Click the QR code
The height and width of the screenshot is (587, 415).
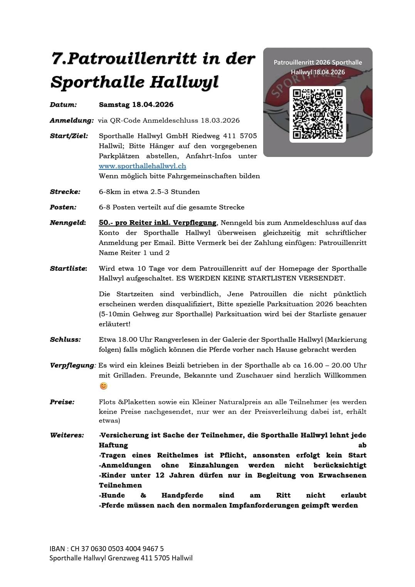(x=318, y=114)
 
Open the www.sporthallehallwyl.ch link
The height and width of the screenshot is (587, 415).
(x=142, y=166)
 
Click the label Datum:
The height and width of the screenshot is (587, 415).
(x=63, y=105)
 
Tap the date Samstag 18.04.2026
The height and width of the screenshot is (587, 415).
(x=136, y=105)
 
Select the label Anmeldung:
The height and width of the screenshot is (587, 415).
(x=71, y=120)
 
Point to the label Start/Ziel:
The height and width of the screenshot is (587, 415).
(x=69, y=136)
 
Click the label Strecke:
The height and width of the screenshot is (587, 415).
(x=65, y=192)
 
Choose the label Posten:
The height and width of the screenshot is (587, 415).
(x=63, y=207)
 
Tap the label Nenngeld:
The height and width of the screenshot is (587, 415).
(x=68, y=223)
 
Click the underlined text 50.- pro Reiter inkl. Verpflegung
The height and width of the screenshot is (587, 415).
(x=158, y=223)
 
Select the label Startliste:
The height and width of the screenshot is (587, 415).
(x=69, y=268)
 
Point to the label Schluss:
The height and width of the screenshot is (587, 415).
(x=65, y=340)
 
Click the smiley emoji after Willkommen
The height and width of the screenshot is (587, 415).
(x=103, y=386)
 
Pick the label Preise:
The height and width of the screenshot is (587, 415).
(x=62, y=402)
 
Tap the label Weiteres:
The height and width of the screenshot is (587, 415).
(x=67, y=435)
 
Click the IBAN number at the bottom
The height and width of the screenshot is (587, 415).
(x=117, y=548)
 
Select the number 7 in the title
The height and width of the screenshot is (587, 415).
(x=56, y=59)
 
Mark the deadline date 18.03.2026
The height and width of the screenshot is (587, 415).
(x=220, y=120)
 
